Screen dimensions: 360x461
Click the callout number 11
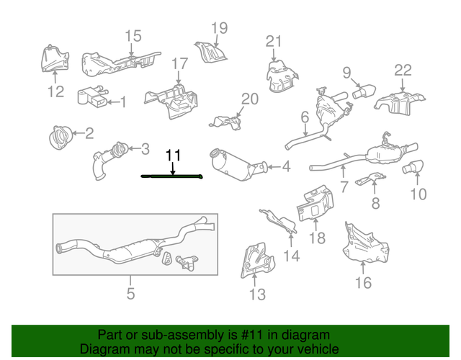[173, 155]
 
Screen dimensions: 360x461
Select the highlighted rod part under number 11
[173, 176]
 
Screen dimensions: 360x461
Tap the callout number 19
[219, 28]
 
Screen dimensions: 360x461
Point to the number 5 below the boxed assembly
[130, 293]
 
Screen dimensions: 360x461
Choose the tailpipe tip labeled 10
[414, 168]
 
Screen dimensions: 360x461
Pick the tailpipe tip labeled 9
[364, 91]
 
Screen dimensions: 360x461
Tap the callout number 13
[257, 294]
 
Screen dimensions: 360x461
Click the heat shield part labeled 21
[281, 76]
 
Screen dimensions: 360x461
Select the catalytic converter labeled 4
[238, 165]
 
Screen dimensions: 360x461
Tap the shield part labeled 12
[54, 58]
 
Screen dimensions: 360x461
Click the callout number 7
[343, 187]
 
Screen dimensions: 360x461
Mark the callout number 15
[133, 36]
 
